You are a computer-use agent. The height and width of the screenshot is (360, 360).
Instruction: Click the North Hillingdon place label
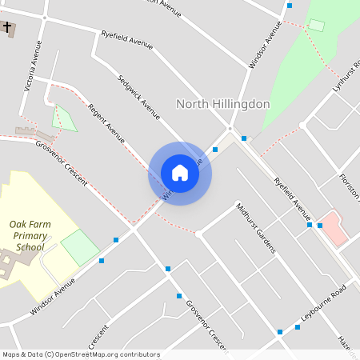[x=222, y=104]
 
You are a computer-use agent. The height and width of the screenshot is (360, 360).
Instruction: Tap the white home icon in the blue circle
[x=180, y=173]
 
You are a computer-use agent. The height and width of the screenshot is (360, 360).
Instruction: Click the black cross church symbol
[x=8, y=28]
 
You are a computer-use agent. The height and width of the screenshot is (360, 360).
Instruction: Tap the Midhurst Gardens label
[x=256, y=227]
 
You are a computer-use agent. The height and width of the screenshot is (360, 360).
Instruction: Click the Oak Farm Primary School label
[x=30, y=236]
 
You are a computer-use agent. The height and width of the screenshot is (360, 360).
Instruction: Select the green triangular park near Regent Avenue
[x=64, y=118]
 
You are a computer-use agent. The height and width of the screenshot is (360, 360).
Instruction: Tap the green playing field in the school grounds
[x=80, y=246]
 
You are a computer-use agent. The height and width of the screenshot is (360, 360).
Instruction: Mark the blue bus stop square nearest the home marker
[x=215, y=150]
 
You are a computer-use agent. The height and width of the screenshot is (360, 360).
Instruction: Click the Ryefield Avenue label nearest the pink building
[x=292, y=198]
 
